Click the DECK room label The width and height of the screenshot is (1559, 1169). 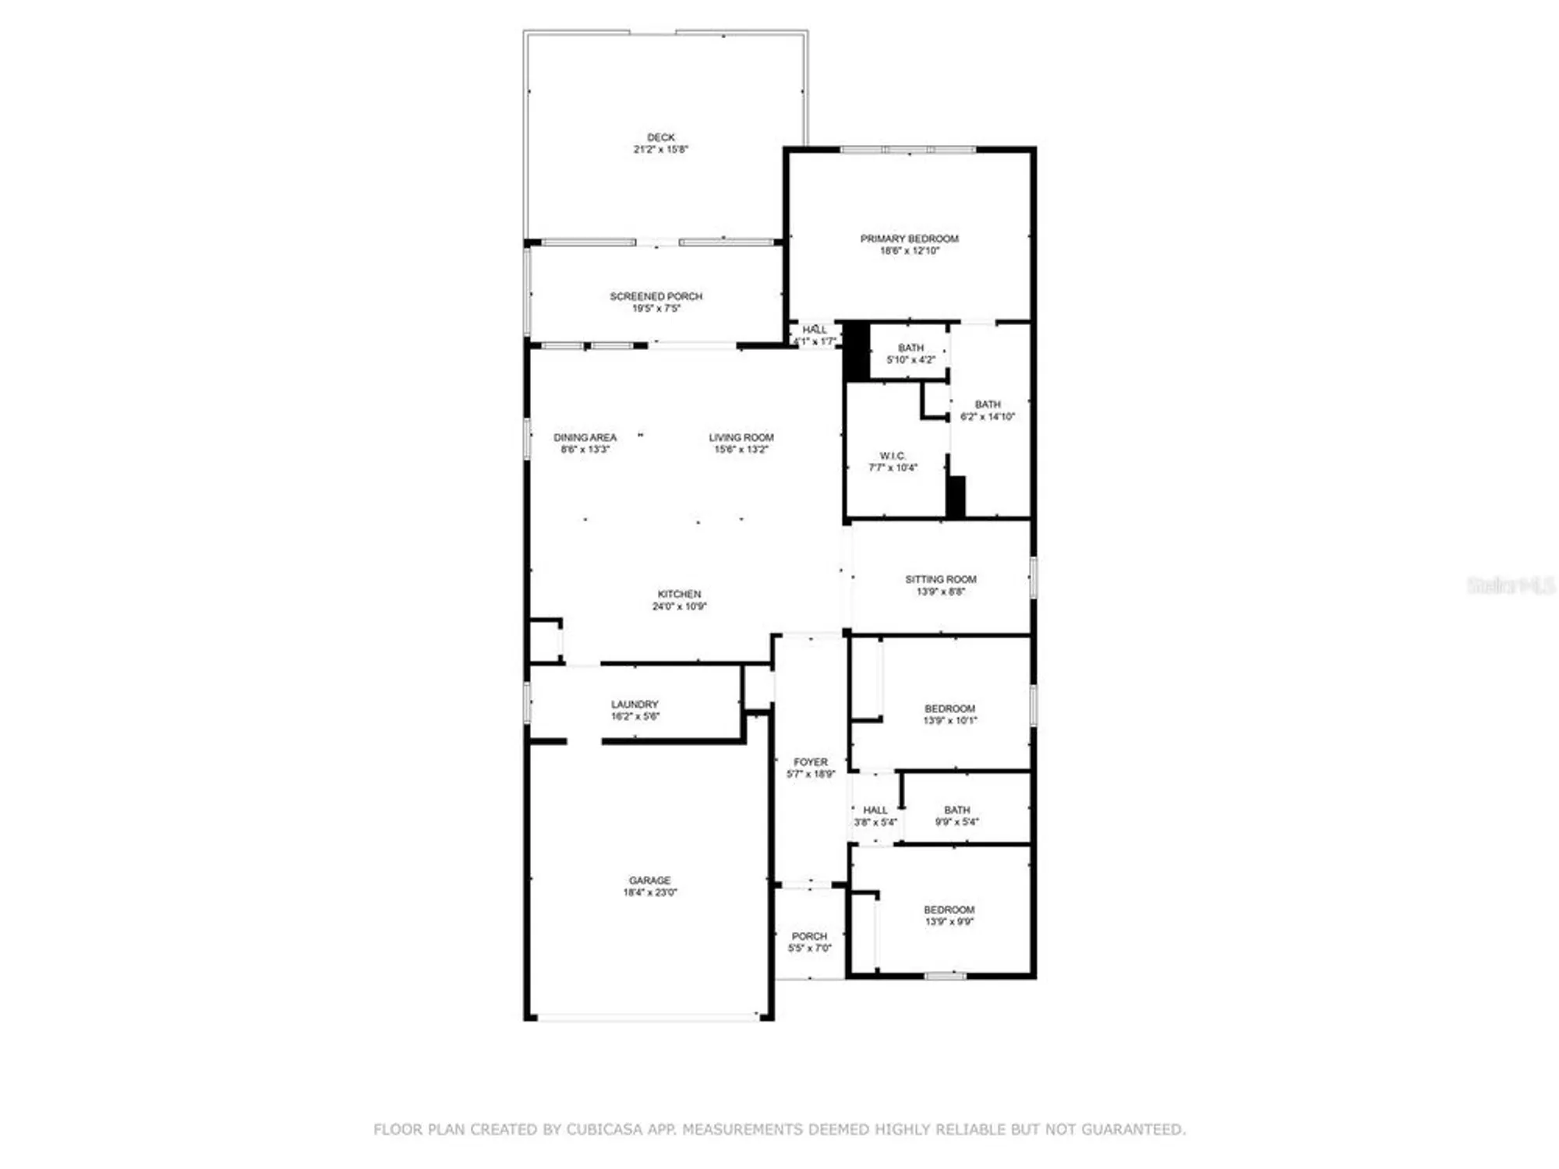(x=660, y=137)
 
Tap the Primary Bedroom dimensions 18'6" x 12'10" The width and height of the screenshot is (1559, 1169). (x=909, y=251)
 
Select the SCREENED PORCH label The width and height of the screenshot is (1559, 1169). (x=656, y=296)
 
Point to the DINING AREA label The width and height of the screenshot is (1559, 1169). (x=585, y=437)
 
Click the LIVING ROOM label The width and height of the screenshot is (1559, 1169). (x=741, y=437)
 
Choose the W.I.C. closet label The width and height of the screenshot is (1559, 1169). (x=893, y=456)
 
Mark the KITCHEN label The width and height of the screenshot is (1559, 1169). (x=679, y=594)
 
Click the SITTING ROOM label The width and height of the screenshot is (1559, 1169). (x=940, y=579)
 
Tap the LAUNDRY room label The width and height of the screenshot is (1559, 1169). (x=635, y=704)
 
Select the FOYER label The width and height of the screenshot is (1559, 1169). (x=811, y=761)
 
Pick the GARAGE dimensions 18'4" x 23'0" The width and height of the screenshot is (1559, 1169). (x=649, y=892)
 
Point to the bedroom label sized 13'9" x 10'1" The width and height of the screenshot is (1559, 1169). (x=949, y=708)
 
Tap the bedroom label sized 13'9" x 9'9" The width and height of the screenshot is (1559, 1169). (x=949, y=909)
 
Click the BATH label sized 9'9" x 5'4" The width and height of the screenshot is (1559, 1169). (x=956, y=810)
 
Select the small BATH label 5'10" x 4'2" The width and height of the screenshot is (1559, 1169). (x=910, y=348)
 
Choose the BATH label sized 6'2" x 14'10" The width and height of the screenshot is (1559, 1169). (x=987, y=404)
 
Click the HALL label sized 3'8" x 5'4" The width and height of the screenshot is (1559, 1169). (x=875, y=810)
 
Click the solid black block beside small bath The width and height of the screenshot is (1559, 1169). (x=857, y=351)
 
